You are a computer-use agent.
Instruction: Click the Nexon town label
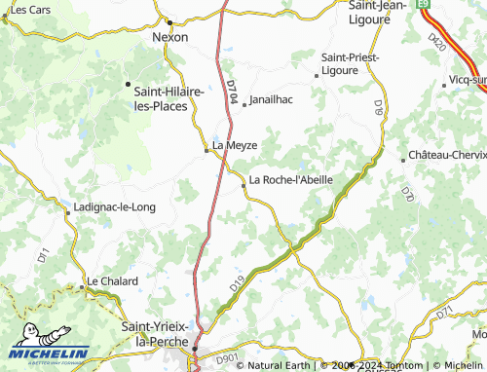pos(170,37)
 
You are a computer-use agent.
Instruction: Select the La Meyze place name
pos(234,146)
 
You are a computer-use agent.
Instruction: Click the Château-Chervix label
pos(447,156)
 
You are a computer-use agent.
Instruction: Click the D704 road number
pos(231,95)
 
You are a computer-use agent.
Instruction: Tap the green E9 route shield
pos(424,5)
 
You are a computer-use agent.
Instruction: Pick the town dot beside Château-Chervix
pos(404,159)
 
